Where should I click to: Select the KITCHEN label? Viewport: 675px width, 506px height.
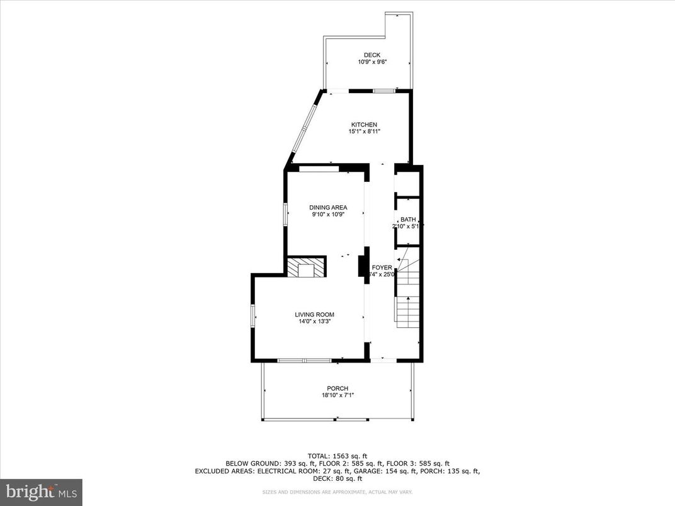click(364, 125)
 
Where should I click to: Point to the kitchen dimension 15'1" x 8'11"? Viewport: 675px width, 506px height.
click(364, 132)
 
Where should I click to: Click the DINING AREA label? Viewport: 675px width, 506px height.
click(327, 208)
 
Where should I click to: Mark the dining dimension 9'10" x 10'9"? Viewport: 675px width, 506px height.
click(327, 215)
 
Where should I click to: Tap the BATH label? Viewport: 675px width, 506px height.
click(408, 220)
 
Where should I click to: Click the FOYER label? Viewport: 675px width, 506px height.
click(382, 267)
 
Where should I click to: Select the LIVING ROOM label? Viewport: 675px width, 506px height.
click(314, 315)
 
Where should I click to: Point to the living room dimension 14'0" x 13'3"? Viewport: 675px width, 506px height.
click(314, 322)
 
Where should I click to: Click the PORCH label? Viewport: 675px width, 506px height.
click(337, 388)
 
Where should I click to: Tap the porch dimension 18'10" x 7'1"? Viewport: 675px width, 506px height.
click(337, 395)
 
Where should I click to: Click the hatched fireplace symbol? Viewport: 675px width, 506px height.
click(307, 266)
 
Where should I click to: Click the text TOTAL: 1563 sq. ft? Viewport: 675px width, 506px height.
click(337, 456)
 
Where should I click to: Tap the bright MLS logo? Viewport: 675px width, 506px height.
click(41, 491)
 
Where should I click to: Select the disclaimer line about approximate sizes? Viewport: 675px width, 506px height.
click(337, 492)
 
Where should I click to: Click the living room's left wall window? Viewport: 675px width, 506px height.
click(252, 315)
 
